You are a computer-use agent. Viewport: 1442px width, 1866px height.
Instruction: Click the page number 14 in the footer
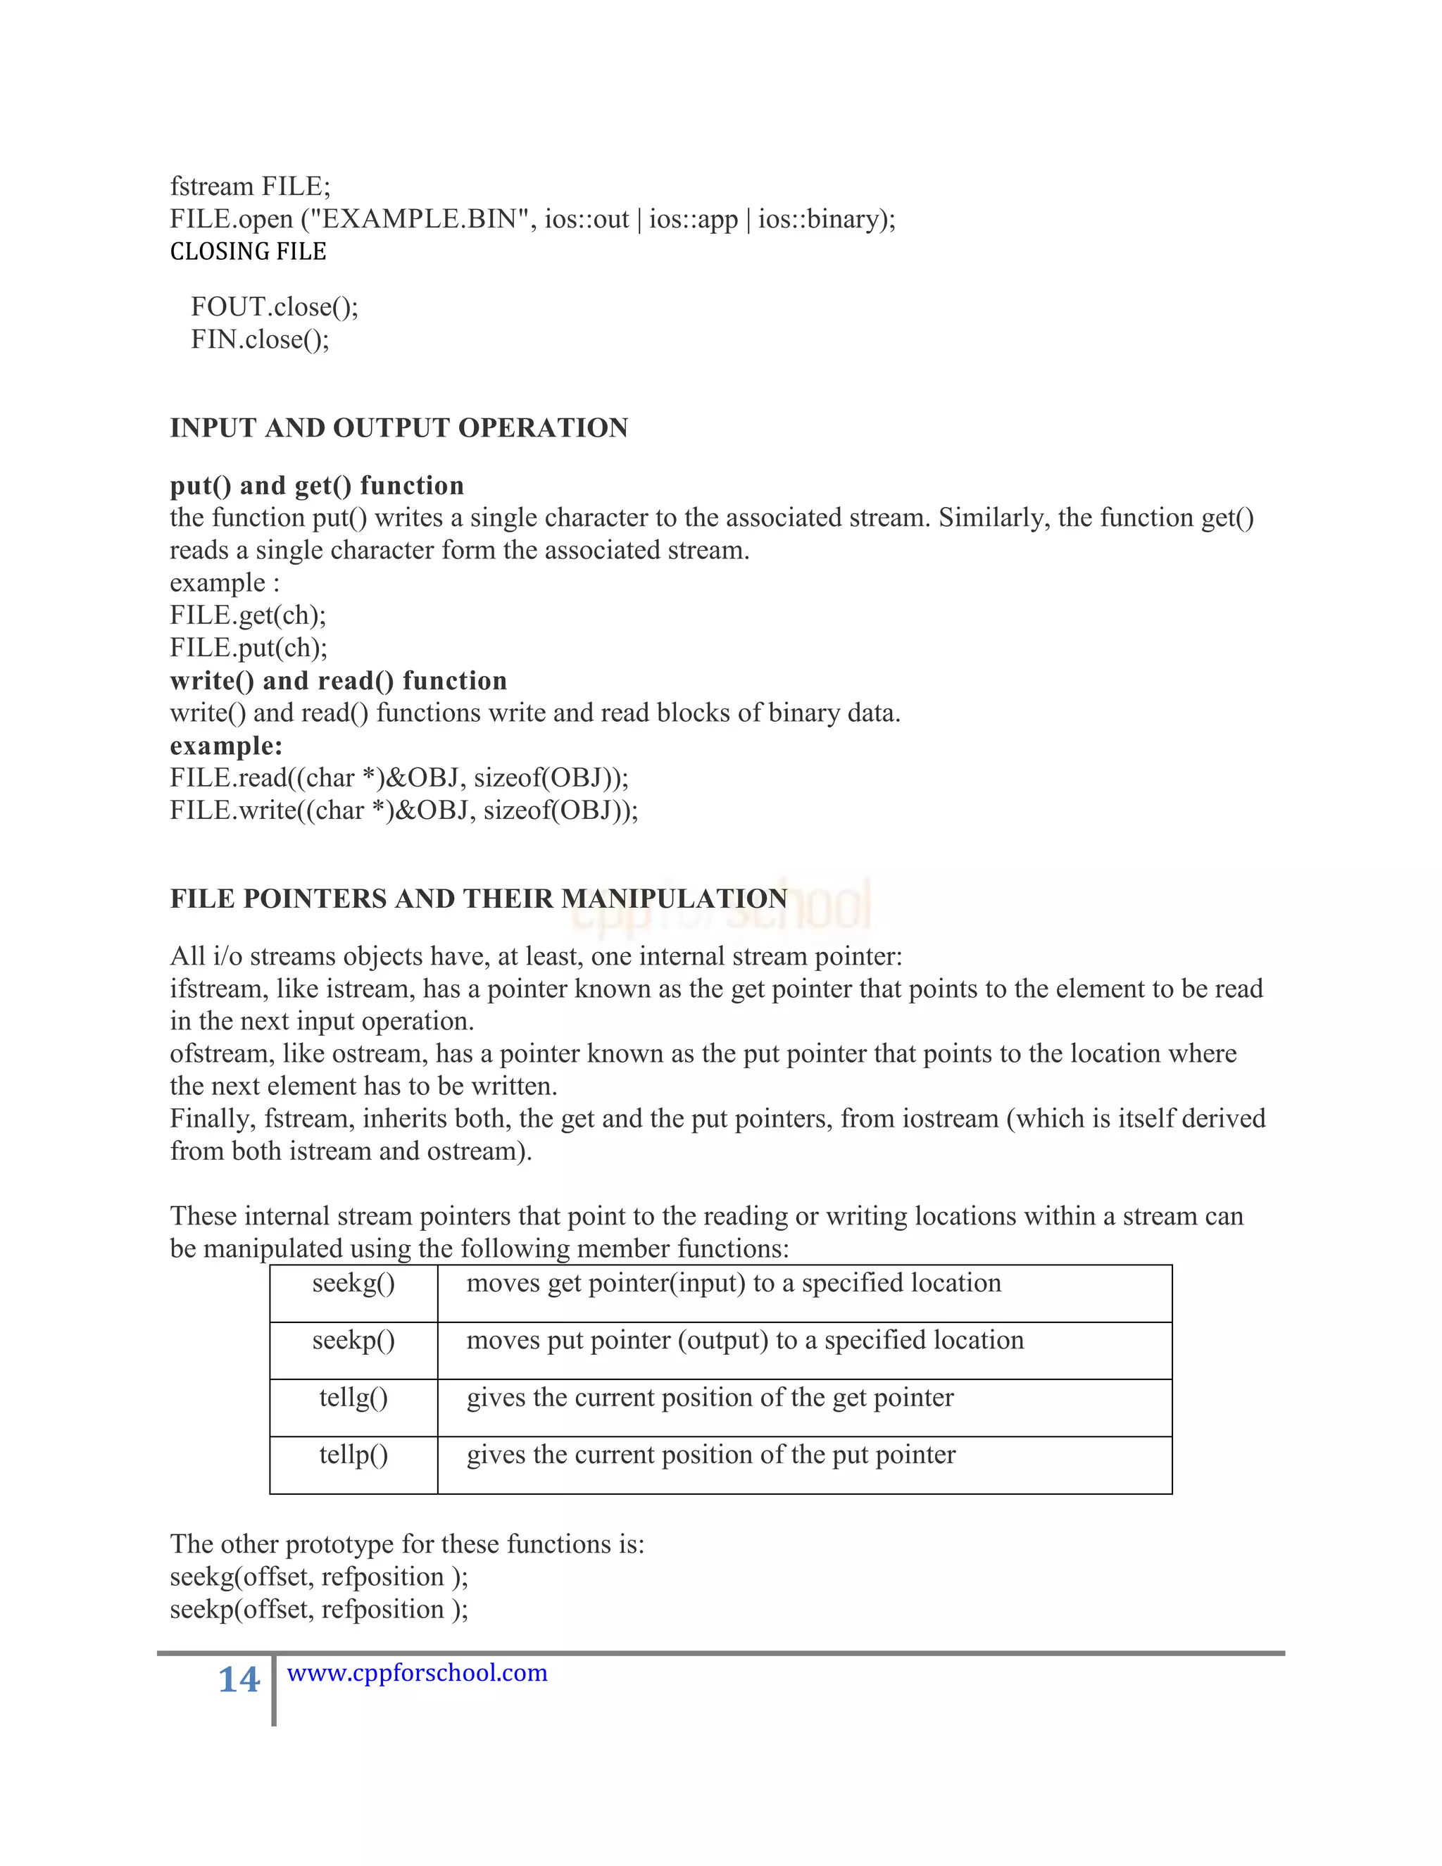coord(239,1679)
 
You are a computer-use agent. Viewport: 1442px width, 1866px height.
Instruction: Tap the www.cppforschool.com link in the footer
coord(417,1672)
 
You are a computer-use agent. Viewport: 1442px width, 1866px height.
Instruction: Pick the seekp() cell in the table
coord(353,1341)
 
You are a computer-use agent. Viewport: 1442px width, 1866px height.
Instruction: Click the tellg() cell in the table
coord(353,1398)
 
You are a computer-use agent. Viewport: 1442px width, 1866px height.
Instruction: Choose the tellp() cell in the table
coord(353,1455)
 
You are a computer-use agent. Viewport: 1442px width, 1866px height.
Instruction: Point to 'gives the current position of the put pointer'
coord(710,1455)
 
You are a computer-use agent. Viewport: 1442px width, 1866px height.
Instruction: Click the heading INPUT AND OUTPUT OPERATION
coord(399,428)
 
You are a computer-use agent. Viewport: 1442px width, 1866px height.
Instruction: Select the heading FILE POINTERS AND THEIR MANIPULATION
coord(478,898)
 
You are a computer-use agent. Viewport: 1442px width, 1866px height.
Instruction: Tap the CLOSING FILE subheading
coord(248,252)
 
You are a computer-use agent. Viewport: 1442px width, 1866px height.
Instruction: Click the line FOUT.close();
coord(274,307)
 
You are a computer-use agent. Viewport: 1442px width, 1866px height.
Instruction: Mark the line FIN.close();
coord(260,340)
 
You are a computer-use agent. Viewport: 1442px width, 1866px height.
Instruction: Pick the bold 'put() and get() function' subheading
coord(317,485)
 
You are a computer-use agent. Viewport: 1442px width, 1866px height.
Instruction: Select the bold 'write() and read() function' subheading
coord(338,681)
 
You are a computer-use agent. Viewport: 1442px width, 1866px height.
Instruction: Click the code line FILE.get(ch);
coord(248,615)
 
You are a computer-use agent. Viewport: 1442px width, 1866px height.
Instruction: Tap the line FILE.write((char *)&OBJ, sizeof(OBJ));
coord(404,810)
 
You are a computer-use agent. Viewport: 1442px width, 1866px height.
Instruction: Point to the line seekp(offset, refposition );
coord(319,1610)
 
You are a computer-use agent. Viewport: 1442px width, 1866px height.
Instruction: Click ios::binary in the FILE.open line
coord(820,220)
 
